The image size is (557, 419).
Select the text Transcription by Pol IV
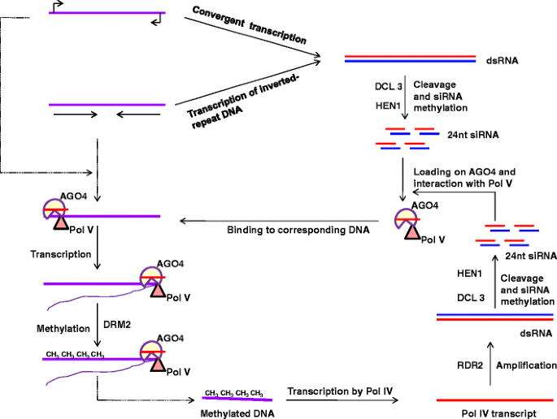(340, 391)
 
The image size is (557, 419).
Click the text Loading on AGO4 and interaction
(464, 179)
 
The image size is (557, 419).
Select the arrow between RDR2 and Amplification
(496, 365)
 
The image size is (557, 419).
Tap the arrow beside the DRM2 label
(97, 322)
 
